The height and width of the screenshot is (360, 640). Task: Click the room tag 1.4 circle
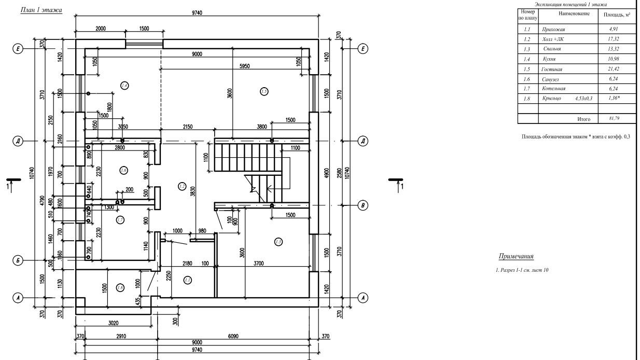[124, 86]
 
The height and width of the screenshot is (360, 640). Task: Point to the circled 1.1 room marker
[188, 280]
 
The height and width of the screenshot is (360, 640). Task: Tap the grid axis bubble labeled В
[364, 206]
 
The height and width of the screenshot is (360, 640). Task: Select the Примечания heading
[516, 256]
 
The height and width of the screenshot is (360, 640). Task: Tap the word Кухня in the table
[549, 59]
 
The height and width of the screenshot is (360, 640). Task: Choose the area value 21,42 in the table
[614, 69]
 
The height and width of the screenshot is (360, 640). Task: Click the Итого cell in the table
[583, 119]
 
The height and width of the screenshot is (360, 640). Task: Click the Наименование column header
[574, 13]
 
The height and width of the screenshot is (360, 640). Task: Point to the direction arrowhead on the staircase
[252, 190]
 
